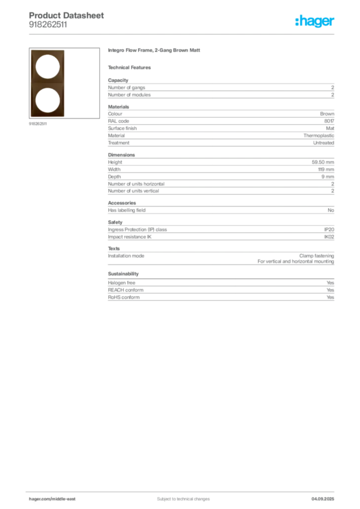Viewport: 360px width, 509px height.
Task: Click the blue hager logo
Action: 315,21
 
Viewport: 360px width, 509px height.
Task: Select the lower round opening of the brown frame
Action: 48,100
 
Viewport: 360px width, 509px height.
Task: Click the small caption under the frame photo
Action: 38,124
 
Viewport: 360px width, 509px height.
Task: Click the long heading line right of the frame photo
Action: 155,51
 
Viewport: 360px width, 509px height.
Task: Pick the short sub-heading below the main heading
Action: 131,67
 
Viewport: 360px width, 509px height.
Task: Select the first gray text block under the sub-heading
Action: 220,88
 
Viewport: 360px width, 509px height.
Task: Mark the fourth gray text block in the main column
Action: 220,241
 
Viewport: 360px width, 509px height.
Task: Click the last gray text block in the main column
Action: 220,290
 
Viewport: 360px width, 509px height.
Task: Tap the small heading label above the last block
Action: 123,274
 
